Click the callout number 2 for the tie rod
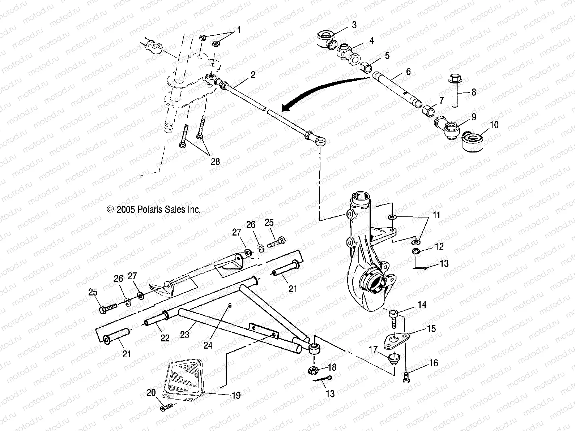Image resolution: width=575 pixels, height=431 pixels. (253, 75)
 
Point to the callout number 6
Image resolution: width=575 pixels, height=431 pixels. (408, 72)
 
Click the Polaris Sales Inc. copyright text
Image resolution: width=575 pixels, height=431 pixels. (154, 209)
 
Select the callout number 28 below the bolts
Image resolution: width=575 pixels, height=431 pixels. (215, 161)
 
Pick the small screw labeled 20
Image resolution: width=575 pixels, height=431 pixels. (166, 407)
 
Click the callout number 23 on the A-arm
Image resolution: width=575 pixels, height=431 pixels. (184, 335)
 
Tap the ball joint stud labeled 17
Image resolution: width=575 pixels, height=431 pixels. (392, 359)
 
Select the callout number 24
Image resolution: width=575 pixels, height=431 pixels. (208, 345)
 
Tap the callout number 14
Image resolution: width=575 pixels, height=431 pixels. (422, 305)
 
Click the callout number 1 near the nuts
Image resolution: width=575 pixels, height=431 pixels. (239, 30)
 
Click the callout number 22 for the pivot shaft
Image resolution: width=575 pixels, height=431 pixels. (165, 338)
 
